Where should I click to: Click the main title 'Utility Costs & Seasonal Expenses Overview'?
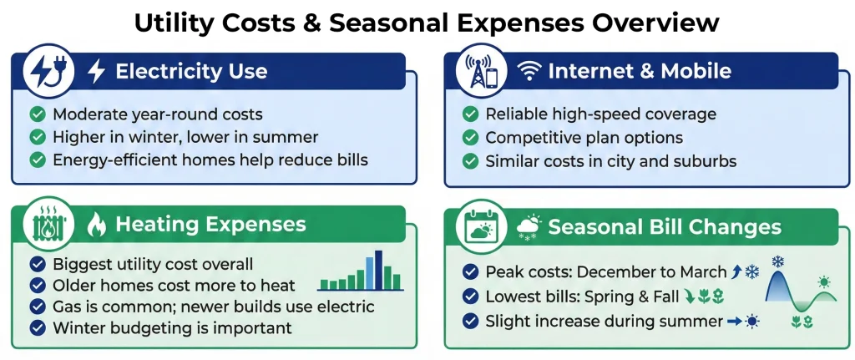coord(427,23)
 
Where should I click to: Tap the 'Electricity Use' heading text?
coord(191,71)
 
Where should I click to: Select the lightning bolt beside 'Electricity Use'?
coord(97,71)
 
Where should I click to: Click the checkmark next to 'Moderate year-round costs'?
coord(37,114)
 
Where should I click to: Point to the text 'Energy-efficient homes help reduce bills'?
coord(210,160)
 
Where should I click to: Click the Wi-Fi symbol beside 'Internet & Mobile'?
coord(529,72)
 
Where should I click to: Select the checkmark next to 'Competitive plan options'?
coord(470,138)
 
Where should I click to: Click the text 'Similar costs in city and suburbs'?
coord(611,161)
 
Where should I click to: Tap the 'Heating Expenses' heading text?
coord(210,224)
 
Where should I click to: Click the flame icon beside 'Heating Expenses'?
coord(97,224)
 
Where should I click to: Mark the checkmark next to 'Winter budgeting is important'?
coord(37,328)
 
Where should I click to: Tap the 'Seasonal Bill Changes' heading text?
coord(664,226)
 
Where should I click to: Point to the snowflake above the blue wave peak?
coord(777,262)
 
